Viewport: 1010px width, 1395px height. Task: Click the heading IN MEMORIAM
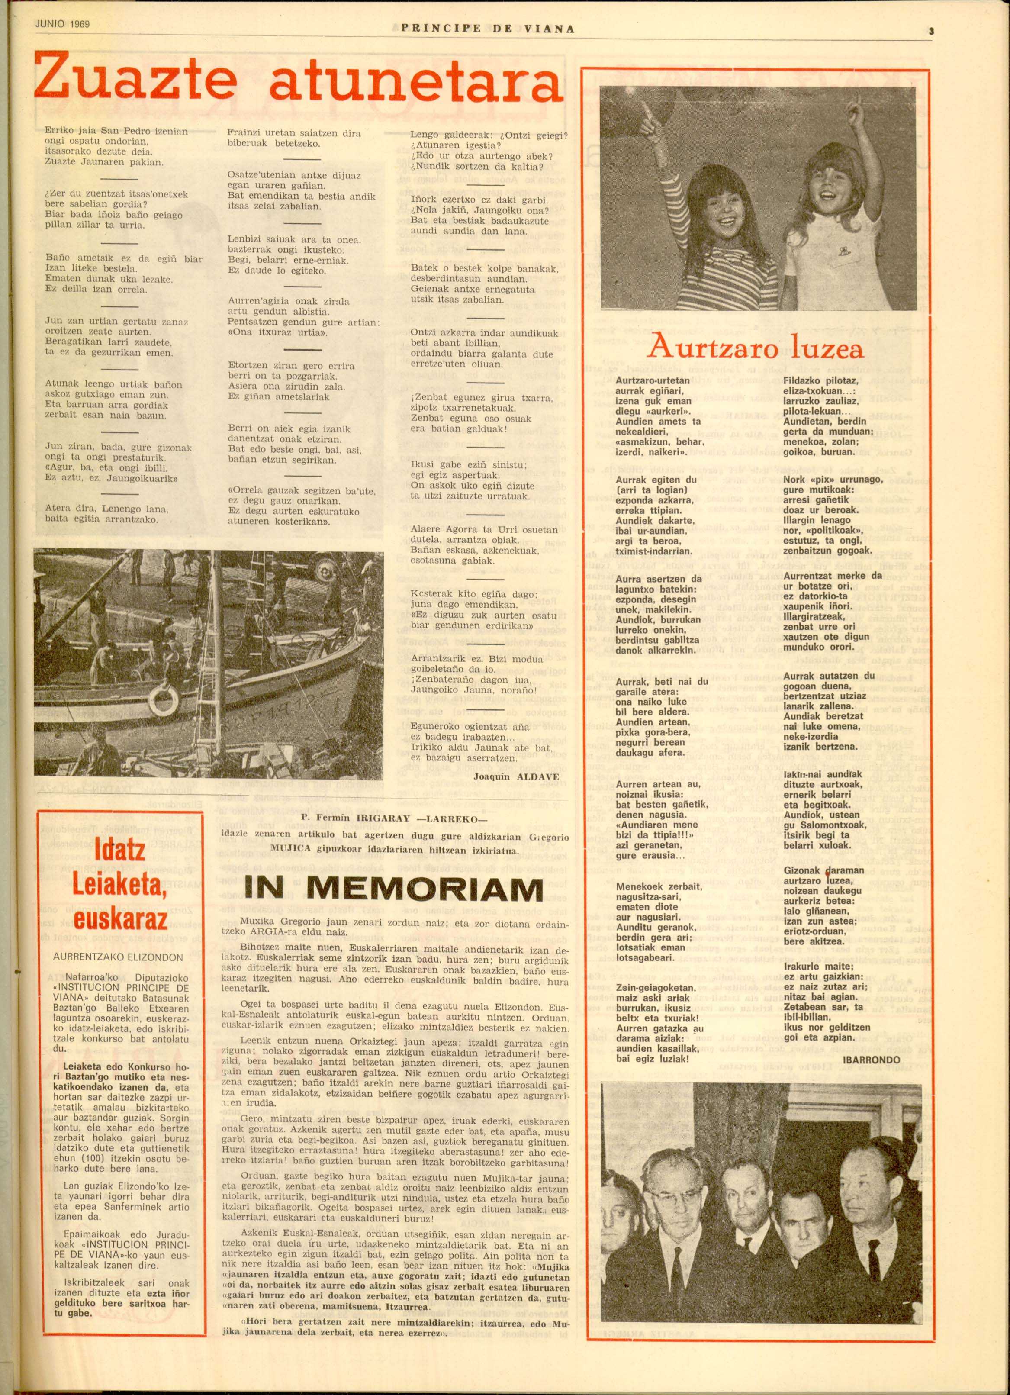click(x=394, y=890)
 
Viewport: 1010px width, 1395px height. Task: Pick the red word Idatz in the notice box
click(x=121, y=850)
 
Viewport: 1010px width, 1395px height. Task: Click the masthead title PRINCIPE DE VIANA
click(x=488, y=28)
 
